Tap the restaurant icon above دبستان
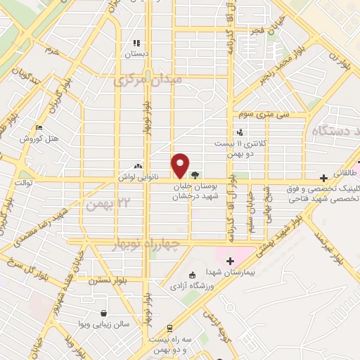point(136,44)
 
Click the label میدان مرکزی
point(148,79)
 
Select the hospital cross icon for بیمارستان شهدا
point(229,262)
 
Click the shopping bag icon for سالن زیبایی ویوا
point(104,314)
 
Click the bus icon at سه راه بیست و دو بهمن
point(170,328)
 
